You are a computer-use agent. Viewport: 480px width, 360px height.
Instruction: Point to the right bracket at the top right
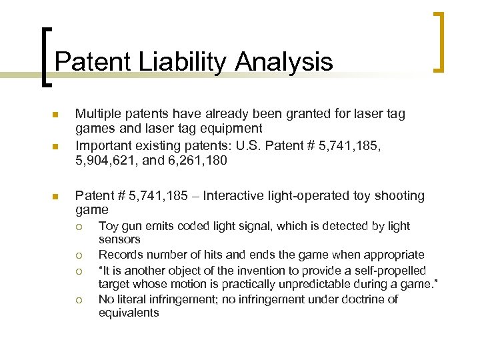439,41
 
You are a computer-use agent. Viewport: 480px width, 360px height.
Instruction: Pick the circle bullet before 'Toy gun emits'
79,227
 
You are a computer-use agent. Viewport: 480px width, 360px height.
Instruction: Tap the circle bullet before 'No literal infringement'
79,300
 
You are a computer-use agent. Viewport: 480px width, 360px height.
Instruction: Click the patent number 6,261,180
199,160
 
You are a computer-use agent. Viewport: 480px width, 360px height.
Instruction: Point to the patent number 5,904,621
105,160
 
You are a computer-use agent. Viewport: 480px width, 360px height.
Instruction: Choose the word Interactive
235,196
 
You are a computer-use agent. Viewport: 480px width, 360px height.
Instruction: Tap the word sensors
119,239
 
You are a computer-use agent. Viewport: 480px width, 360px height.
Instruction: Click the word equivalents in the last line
129,313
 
